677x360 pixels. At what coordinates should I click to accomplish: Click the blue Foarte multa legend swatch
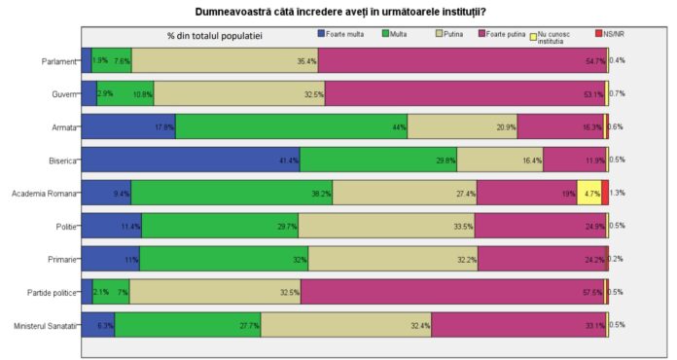click(323, 34)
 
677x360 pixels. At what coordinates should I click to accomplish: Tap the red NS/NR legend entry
click(597, 34)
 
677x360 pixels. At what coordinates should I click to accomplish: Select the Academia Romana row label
click(43, 192)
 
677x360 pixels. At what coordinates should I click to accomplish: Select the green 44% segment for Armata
click(291, 126)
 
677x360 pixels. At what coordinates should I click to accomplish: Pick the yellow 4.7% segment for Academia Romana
click(588, 192)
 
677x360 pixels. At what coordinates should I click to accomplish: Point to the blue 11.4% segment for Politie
click(111, 225)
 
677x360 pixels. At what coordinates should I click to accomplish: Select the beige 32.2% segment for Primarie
click(394, 258)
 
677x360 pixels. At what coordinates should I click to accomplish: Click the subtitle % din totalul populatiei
click(214, 36)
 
